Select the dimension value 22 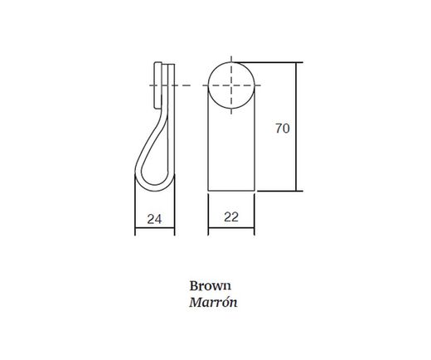point(231,217)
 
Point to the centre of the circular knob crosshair point(231,85)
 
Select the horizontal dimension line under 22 point(231,234)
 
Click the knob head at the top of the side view point(166,75)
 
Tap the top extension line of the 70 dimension point(278,62)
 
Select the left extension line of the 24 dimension point(135,212)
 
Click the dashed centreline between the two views point(190,85)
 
